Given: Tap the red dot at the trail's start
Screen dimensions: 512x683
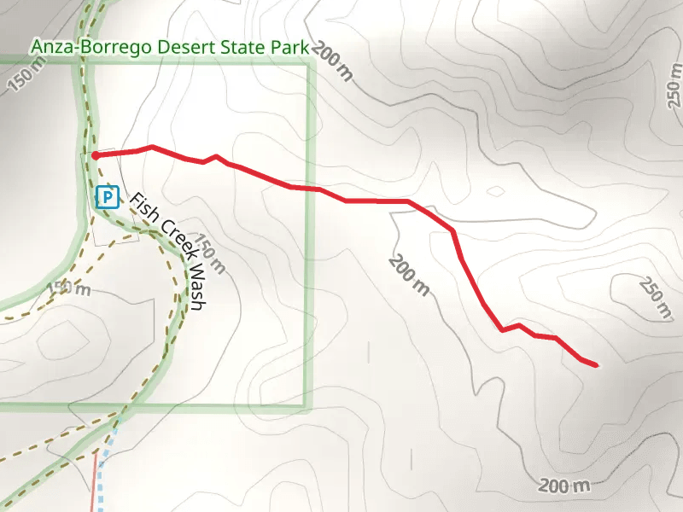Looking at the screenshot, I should [x=96, y=156].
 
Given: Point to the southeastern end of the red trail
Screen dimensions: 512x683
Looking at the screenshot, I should [x=594, y=365].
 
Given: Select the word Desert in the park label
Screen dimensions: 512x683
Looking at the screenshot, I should [x=180, y=48].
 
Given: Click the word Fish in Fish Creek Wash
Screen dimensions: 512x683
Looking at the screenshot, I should [x=141, y=208].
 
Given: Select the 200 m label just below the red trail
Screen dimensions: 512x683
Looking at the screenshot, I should [x=410, y=273].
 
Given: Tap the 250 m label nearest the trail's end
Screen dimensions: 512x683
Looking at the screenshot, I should [x=655, y=299].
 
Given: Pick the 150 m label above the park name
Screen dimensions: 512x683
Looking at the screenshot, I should [x=26, y=79].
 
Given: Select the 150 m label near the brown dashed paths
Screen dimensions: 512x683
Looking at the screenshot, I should [x=68, y=288].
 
